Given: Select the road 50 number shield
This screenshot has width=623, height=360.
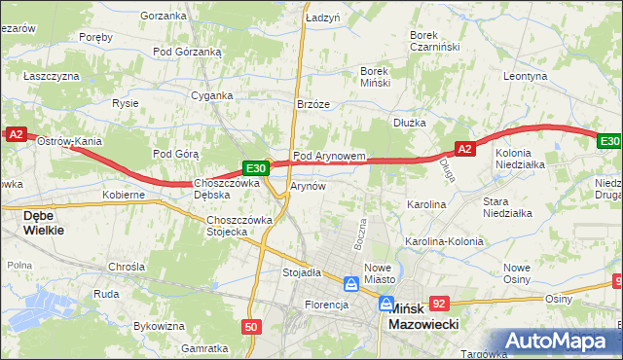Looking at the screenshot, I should click(252, 327).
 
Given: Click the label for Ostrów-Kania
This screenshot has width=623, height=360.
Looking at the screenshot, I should click(69, 141).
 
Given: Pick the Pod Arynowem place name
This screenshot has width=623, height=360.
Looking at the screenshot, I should click(329, 156).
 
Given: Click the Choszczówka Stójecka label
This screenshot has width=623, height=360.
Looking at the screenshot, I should click(239, 226).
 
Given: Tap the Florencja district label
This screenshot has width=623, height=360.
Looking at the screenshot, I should click(327, 305).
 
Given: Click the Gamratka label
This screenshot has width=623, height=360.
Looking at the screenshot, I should click(204, 347).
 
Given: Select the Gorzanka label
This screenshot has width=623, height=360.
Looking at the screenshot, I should click(163, 16).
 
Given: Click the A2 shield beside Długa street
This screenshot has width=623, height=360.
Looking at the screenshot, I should click(464, 149).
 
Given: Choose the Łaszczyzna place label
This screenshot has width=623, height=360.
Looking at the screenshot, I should click(52, 75).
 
